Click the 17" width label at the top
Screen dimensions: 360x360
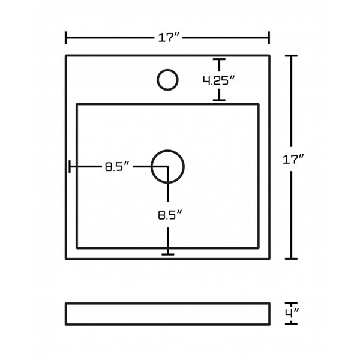[x=169, y=37]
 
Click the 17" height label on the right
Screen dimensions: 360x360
[x=293, y=159]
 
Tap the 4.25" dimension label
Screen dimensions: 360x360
[x=219, y=80]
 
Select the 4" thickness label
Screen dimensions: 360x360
[x=292, y=313]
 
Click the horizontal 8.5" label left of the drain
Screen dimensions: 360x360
[x=117, y=166]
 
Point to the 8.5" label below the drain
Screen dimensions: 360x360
[x=170, y=215]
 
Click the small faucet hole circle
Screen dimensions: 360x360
[x=167, y=80]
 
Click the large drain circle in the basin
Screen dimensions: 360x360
[x=167, y=167]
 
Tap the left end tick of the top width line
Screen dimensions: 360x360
[x=66, y=38]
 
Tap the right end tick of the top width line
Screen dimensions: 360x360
[x=269, y=38]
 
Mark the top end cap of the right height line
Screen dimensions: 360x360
[x=291, y=56]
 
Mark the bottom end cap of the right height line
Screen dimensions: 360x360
[x=291, y=259]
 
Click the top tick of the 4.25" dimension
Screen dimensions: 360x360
[x=219, y=59]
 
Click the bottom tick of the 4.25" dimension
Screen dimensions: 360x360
[x=219, y=100]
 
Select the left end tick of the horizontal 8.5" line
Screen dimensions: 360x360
[x=70, y=166]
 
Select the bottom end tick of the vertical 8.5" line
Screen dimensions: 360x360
[x=168, y=254]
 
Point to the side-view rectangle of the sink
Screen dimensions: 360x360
[x=167, y=314]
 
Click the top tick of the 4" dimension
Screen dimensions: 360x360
[x=291, y=304]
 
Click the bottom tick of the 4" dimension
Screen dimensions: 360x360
[x=291, y=324]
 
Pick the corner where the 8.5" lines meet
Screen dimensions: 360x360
[x=168, y=166]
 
